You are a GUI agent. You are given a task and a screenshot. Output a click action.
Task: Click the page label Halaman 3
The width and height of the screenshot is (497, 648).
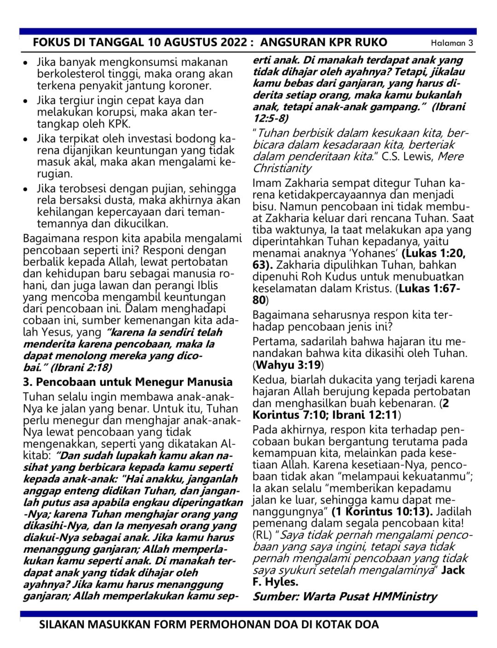[452, 43]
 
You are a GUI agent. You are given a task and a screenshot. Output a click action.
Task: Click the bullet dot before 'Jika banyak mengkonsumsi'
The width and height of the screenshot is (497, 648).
[26, 63]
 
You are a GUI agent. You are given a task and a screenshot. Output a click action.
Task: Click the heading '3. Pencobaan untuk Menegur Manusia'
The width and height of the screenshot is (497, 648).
[127, 382]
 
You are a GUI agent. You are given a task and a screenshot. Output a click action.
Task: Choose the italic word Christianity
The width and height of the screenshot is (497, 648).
[282, 168]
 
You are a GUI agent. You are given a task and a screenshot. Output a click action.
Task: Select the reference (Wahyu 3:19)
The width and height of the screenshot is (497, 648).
[289, 365]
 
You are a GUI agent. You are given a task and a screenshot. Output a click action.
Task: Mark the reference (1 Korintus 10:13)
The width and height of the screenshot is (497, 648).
[382, 511]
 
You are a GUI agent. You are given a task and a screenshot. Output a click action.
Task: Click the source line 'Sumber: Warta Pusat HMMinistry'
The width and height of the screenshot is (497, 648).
[345, 596]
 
